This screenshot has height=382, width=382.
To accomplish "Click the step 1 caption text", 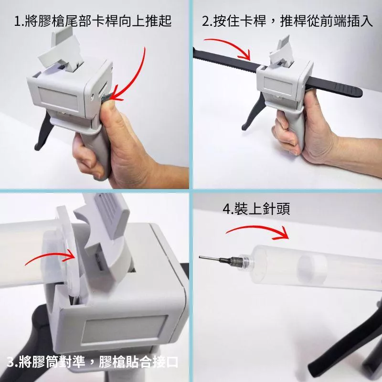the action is tap(93, 21).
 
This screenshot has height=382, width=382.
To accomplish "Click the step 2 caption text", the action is tap(287, 21).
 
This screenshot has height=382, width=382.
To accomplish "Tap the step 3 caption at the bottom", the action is tap(92, 362).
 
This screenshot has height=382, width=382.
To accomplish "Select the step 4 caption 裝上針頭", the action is tap(256, 209).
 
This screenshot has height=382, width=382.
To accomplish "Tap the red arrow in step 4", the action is tap(258, 227).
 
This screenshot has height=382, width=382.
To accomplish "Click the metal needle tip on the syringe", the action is tap(210, 258).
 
